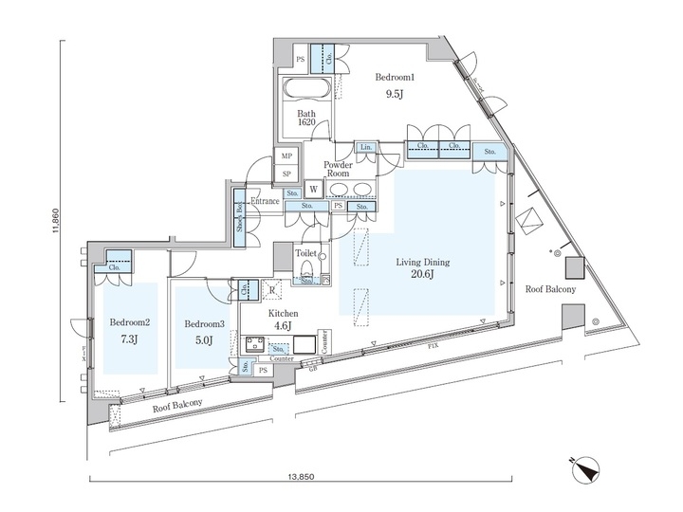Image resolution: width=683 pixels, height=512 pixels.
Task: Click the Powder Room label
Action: tap(339, 169)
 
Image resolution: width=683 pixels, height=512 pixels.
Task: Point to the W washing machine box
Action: tap(312, 189)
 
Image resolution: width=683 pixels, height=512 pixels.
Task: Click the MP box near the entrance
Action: tap(286, 157)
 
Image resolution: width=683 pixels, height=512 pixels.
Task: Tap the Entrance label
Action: tap(266, 201)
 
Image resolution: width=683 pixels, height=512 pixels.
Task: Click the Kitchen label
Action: tap(283, 313)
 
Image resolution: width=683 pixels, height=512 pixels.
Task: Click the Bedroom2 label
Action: tap(124, 322)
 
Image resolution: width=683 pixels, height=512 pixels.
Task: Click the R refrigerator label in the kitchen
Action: tap(273, 290)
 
